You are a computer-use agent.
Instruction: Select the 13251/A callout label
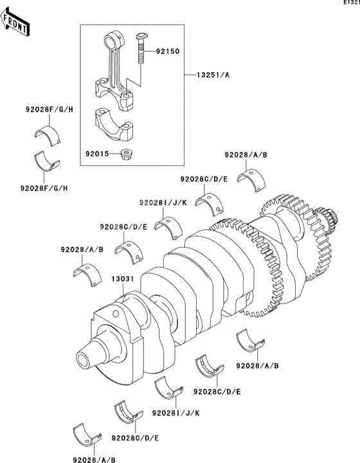(x=210, y=75)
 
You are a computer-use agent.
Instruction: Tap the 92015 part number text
(x=96, y=154)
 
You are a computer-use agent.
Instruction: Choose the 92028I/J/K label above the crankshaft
(x=163, y=203)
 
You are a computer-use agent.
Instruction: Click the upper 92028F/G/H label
(x=50, y=110)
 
